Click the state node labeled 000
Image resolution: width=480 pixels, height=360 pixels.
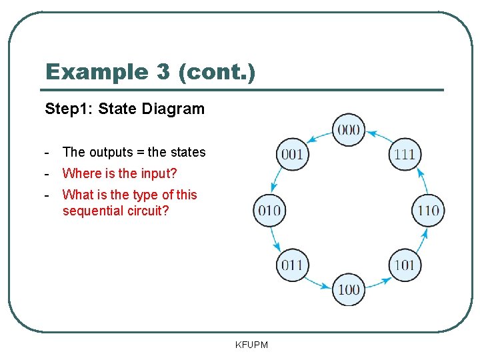[x=349, y=129]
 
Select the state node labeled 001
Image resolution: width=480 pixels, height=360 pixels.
[x=292, y=155]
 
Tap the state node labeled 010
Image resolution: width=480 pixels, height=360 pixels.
[x=269, y=211]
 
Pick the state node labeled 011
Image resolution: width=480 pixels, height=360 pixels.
[x=292, y=265]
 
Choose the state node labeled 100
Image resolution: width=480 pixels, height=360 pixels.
[x=349, y=289]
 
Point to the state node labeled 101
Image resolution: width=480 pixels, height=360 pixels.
[x=405, y=265]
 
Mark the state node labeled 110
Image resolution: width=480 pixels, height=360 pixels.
[x=429, y=211]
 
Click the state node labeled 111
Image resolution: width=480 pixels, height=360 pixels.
[x=405, y=155]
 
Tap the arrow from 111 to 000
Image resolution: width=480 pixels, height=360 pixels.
[x=378, y=135]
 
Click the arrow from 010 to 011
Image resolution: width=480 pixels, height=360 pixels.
[x=275, y=239]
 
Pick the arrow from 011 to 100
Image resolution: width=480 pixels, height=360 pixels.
[x=318, y=283]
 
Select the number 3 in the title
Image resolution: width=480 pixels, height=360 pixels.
[x=164, y=71]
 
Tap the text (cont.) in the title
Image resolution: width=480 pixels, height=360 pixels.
[x=217, y=71]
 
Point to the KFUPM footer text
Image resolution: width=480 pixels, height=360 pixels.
[x=251, y=345]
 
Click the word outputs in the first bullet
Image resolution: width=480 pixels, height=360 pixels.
[x=112, y=152]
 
